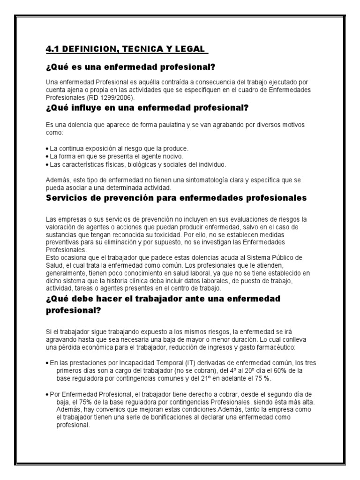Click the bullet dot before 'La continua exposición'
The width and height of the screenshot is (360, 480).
(48, 149)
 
